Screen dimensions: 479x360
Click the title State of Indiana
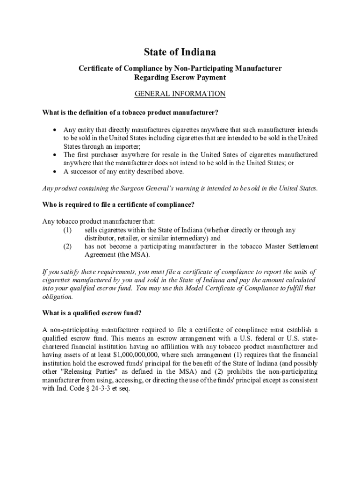click(x=180, y=52)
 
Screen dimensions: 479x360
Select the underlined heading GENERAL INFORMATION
click(x=180, y=94)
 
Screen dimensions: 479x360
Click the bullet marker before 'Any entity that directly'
click(x=56, y=130)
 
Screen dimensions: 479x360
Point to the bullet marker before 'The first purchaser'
click(x=56, y=155)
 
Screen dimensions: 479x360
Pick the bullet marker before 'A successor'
click(x=56, y=172)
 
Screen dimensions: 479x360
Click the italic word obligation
click(x=58, y=297)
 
